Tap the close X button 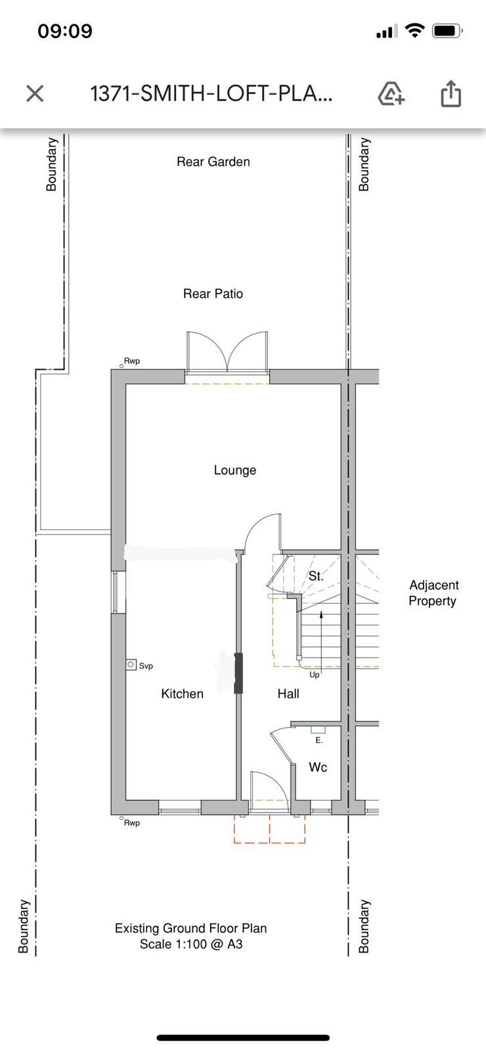click(35, 93)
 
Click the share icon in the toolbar click(451, 93)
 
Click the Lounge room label click(235, 470)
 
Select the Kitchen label click(183, 694)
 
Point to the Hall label click(288, 694)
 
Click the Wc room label click(318, 767)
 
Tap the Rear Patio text click(213, 294)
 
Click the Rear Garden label click(213, 162)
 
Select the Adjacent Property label click(433, 593)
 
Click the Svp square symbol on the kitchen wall click(131, 665)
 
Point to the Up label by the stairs click(315, 675)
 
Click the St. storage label click(316, 575)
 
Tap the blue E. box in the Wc click(318, 730)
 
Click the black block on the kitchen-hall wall click(239, 673)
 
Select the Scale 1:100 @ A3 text click(191, 943)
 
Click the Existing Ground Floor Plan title click(191, 928)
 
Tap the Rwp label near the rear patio click(132, 361)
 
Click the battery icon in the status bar click(447, 31)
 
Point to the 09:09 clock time click(65, 31)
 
